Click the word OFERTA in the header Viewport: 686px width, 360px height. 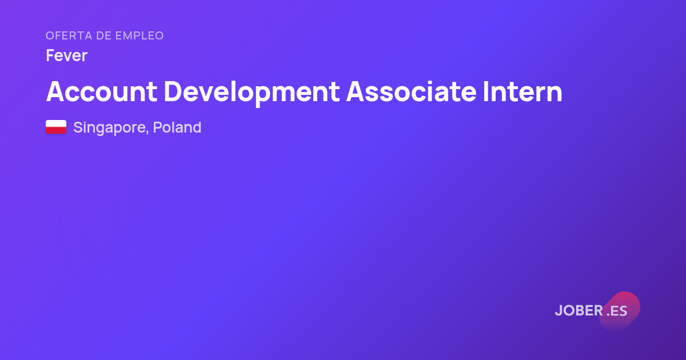pyautogui.click(x=69, y=35)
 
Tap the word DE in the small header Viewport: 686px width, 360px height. pyautogui.click(x=103, y=35)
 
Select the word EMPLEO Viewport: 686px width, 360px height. pyautogui.click(x=139, y=35)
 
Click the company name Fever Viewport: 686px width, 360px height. pyautogui.click(x=67, y=55)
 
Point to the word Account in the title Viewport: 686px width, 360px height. pyautogui.click(x=101, y=91)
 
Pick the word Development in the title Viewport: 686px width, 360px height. pyautogui.click(x=252, y=93)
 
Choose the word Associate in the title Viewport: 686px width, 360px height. pyautogui.click(x=411, y=91)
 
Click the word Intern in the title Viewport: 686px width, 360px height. pyautogui.click(x=523, y=91)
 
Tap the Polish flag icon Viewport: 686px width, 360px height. pyautogui.click(x=56, y=127)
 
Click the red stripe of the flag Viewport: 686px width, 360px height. pyautogui.click(x=56, y=130)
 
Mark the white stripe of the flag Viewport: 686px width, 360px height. pyautogui.click(x=56, y=123)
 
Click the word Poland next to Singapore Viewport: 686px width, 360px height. pyautogui.click(x=177, y=127)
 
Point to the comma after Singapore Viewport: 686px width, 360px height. pyautogui.click(x=147, y=133)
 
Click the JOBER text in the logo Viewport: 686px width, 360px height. pyautogui.click(x=579, y=310)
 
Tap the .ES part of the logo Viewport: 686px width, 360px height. pyautogui.click(x=617, y=311)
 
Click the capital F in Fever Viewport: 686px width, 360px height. pyautogui.click(x=50, y=55)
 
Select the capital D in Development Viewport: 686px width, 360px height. pyautogui.click(x=173, y=91)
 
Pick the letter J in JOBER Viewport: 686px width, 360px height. pyautogui.click(x=559, y=311)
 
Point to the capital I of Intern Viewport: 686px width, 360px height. pyautogui.click(x=485, y=91)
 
